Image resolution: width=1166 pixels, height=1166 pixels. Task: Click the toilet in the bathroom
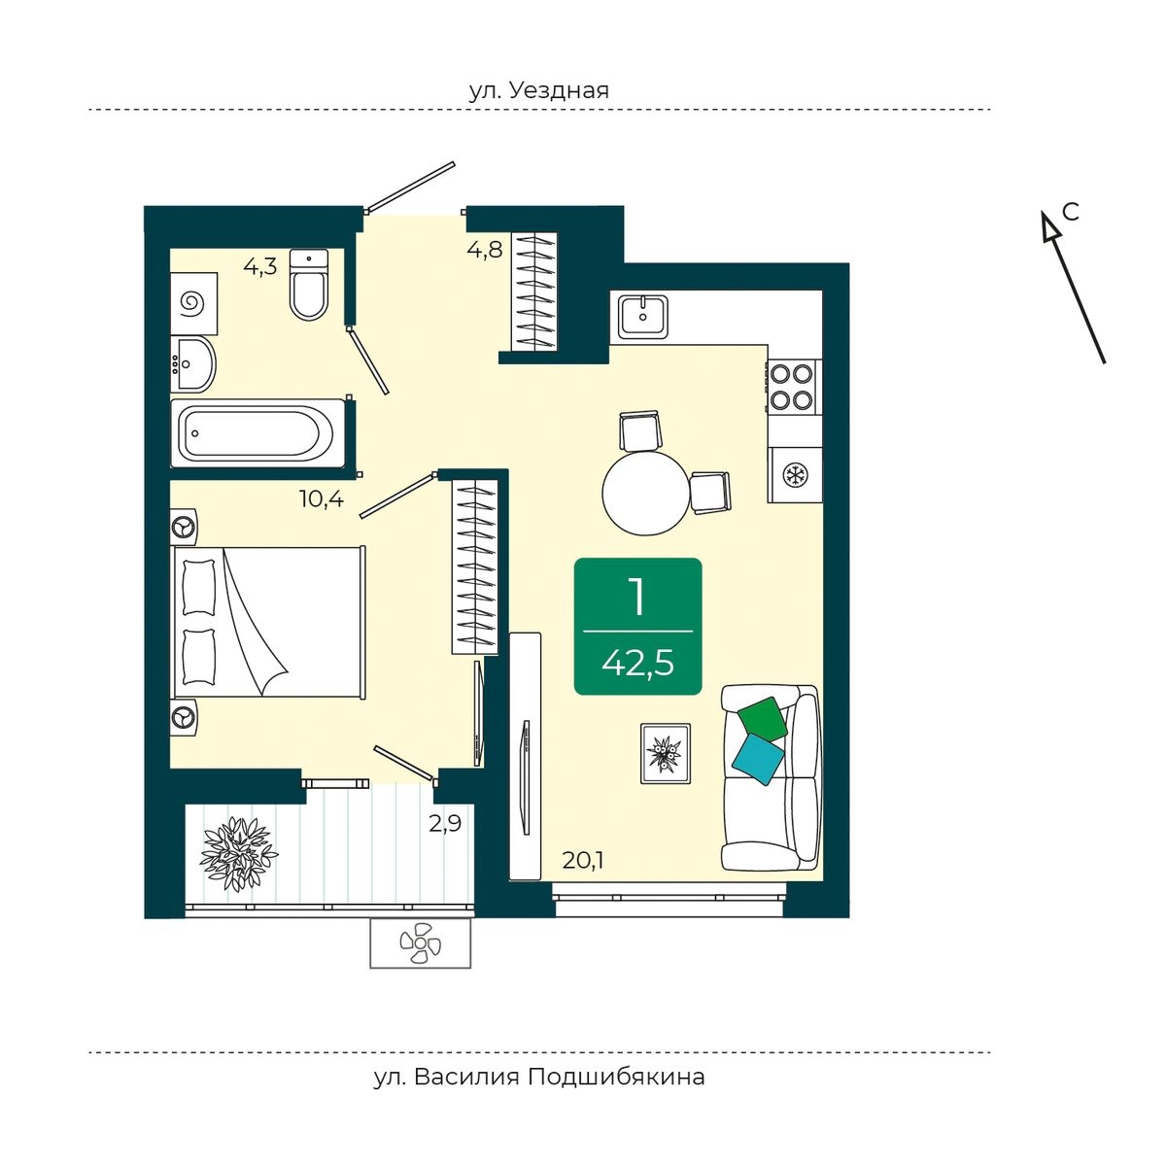(309, 285)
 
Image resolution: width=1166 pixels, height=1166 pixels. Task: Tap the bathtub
(258, 433)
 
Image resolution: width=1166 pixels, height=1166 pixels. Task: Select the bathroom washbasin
(193, 364)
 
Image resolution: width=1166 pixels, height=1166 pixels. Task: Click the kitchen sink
(642, 317)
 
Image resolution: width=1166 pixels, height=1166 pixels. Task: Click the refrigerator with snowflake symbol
(795, 475)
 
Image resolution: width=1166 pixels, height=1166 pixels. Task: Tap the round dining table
(646, 494)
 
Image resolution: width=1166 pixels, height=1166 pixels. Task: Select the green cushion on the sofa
(763, 719)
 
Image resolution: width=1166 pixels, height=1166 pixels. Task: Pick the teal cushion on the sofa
(758, 760)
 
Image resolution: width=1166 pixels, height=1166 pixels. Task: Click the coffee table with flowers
(666, 753)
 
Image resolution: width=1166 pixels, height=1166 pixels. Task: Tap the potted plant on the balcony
(237, 854)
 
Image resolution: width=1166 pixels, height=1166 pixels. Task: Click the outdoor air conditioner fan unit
(421, 943)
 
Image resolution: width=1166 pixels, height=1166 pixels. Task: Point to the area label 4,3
(260, 266)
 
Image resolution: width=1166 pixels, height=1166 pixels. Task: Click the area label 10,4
(322, 499)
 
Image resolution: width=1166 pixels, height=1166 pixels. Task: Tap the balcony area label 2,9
(445, 824)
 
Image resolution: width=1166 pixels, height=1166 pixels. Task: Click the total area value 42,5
(637, 664)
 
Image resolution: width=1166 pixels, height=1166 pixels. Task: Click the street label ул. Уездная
(539, 90)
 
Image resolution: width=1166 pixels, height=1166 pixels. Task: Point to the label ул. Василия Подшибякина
(539, 1078)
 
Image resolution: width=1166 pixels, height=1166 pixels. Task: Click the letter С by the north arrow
(1071, 212)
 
